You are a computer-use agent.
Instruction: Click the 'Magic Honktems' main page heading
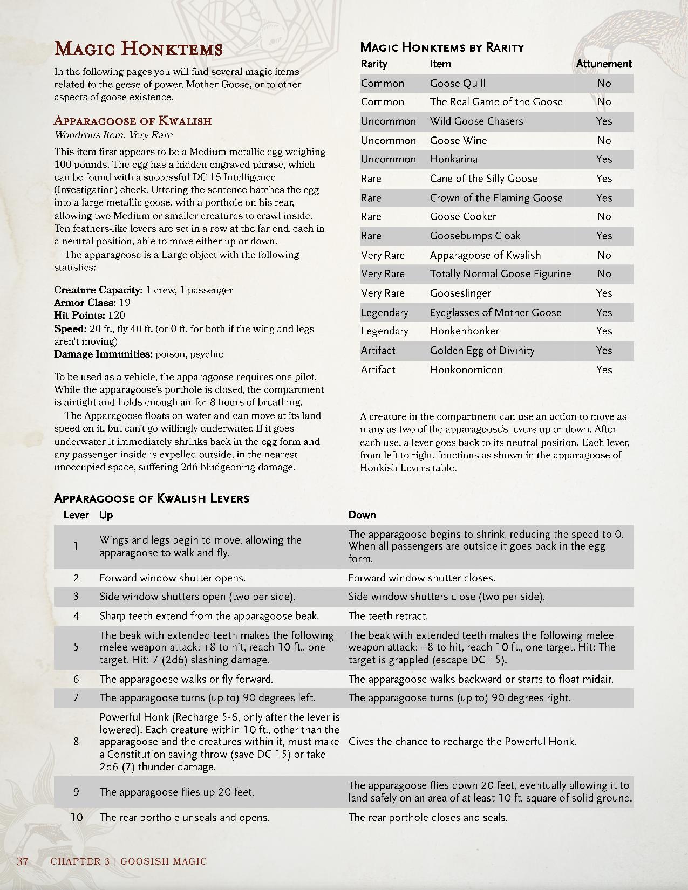(x=138, y=49)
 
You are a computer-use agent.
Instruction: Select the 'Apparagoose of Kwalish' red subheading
(x=133, y=120)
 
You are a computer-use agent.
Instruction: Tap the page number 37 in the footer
(x=22, y=861)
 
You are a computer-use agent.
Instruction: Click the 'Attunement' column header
(x=603, y=64)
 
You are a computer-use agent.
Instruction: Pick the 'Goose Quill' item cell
(x=458, y=83)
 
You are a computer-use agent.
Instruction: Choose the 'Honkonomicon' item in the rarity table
(x=466, y=369)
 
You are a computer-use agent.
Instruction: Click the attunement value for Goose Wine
(x=604, y=140)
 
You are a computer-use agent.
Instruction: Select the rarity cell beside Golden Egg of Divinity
(x=378, y=350)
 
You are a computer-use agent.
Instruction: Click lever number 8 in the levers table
(x=76, y=741)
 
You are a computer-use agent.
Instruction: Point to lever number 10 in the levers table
(x=76, y=817)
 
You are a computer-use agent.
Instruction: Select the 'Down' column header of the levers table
(x=362, y=515)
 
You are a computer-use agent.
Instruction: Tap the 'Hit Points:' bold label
(x=79, y=315)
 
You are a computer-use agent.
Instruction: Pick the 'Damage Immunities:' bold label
(x=103, y=354)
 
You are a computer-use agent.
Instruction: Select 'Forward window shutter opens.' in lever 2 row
(x=172, y=578)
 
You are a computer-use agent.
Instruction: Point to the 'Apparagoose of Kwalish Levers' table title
(x=152, y=498)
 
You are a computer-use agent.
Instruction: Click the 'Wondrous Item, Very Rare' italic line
(x=113, y=135)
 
